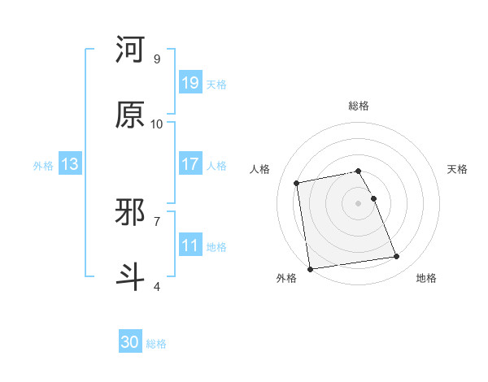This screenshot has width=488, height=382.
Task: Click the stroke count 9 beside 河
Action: point(157,59)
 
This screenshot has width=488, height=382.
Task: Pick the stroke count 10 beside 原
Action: point(157,124)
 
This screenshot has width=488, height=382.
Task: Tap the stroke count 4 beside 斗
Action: point(157,286)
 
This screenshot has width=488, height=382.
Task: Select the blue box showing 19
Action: point(190,83)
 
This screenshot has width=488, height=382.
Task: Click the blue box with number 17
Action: point(190,164)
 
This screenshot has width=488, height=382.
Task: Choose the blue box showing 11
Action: point(190,245)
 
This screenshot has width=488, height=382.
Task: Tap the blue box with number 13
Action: point(70,164)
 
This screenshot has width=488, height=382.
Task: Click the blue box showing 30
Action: point(130,343)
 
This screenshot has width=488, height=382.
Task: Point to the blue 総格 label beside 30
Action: point(156,344)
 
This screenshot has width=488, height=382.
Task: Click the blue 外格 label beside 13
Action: point(43,165)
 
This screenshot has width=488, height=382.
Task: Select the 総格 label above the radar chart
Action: point(359,106)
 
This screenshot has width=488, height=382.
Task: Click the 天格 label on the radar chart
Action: point(457,169)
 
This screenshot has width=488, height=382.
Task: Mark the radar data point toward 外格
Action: point(310,268)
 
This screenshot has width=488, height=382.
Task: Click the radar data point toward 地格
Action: point(397,257)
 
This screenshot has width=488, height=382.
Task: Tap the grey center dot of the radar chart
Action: point(359,203)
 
